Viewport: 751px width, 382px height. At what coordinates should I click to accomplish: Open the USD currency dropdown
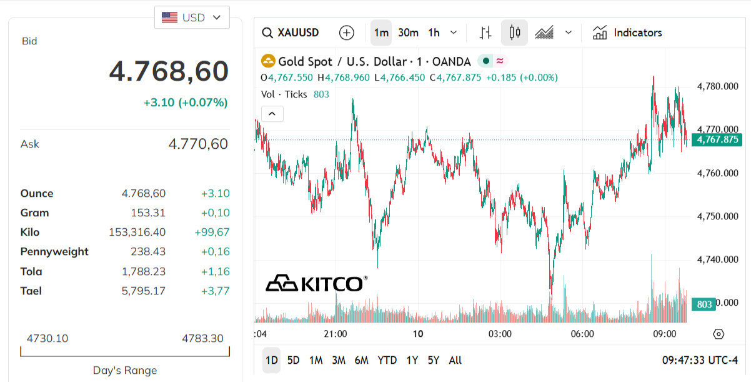(x=192, y=18)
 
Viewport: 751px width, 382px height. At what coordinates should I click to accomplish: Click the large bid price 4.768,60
(x=169, y=71)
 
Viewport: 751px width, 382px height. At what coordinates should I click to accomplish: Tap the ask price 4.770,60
(x=198, y=144)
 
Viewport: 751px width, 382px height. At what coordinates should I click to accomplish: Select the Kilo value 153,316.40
(x=137, y=232)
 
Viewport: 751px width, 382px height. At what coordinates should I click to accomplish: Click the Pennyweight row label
(x=54, y=251)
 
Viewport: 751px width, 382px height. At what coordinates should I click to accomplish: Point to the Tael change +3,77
(x=215, y=291)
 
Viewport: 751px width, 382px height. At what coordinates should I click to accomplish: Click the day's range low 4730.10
(x=47, y=338)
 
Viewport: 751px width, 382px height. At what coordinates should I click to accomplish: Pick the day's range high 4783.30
(x=202, y=338)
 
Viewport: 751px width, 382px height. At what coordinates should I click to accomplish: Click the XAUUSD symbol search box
(x=291, y=33)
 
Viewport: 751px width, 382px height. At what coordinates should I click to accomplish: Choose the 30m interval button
(x=408, y=33)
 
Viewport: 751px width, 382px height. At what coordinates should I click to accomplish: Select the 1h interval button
(x=434, y=33)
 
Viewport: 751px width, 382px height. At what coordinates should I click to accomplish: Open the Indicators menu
(x=627, y=33)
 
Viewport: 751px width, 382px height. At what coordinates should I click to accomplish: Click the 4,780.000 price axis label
(x=717, y=86)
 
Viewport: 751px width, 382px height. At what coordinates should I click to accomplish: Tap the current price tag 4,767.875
(x=717, y=139)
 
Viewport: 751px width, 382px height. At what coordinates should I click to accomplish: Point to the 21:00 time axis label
(x=336, y=334)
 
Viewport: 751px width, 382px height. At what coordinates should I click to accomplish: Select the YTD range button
(x=387, y=360)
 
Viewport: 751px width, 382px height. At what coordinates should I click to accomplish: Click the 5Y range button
(x=434, y=360)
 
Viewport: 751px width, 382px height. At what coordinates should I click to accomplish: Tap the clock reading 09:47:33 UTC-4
(x=700, y=361)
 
